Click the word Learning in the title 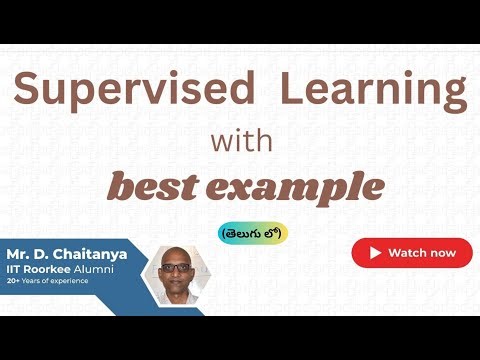(x=372, y=92)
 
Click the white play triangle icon (x=376, y=253)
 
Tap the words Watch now (x=421, y=253)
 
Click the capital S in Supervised (x=27, y=92)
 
